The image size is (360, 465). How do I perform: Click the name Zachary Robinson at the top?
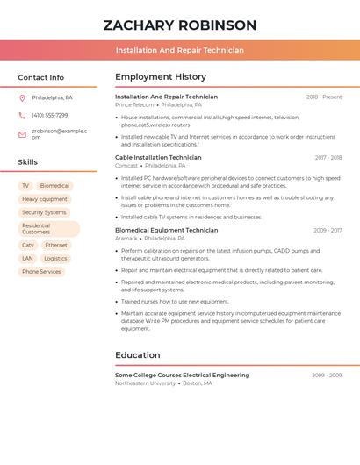coord(179,25)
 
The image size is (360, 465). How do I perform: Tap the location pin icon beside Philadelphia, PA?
coord(22,97)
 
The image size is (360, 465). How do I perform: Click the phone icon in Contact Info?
coord(22,115)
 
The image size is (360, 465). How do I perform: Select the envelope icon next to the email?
coord(22,134)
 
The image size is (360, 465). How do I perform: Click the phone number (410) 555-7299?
coord(49,115)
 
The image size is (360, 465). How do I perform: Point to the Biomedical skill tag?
coord(54,186)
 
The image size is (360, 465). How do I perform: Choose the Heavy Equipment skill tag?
coord(45,199)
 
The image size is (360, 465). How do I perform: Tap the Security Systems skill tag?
coord(44,212)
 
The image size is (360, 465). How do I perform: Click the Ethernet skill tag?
coord(56,246)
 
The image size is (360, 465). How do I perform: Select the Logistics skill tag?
coord(55,259)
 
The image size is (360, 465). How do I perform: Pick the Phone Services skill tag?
coord(41,272)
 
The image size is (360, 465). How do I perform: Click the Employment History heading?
coord(161,77)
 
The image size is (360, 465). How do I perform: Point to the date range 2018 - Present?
coord(324,97)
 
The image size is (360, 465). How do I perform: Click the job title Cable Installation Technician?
coord(158,158)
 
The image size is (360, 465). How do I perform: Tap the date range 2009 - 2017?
coord(328,230)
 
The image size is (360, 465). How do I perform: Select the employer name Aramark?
coord(126,238)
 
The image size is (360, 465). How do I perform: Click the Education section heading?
coord(138,355)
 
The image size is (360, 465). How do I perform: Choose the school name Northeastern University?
coord(145,383)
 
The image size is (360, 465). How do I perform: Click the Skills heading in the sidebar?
coord(28,162)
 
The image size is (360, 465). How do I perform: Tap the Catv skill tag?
coord(28,246)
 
